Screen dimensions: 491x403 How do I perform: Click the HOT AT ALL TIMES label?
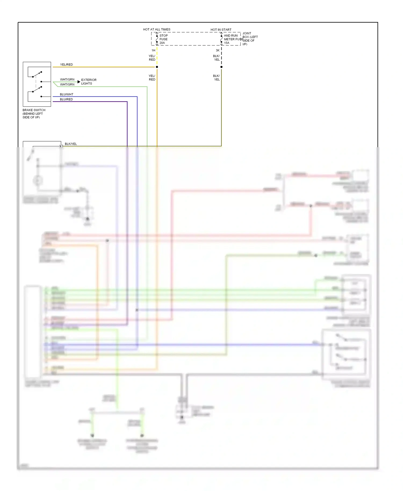click(x=157, y=29)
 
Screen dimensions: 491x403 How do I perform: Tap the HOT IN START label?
click(x=221, y=30)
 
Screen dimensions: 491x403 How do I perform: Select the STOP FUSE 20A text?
click(x=163, y=39)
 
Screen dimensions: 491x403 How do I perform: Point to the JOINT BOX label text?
click(x=250, y=39)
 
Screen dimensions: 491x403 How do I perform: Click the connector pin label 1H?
click(x=153, y=50)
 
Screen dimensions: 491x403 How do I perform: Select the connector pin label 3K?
click(x=218, y=50)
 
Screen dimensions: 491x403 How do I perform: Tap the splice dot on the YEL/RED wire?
click(x=157, y=67)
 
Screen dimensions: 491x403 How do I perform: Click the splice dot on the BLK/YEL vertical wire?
click(x=221, y=67)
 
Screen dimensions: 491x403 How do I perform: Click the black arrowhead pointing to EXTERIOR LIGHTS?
click(x=79, y=82)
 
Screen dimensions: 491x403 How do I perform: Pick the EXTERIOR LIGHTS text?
click(x=89, y=82)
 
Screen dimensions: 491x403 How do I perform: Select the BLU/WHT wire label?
click(x=66, y=94)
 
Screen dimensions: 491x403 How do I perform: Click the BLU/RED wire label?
click(x=66, y=99)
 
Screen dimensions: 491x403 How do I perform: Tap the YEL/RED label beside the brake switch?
click(x=66, y=64)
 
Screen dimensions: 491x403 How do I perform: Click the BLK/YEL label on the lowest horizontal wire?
click(x=71, y=144)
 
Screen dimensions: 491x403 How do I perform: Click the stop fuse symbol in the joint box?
click(x=157, y=39)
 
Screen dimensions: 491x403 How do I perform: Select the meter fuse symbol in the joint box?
click(x=221, y=39)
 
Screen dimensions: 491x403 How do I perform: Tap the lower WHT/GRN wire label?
click(x=67, y=84)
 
